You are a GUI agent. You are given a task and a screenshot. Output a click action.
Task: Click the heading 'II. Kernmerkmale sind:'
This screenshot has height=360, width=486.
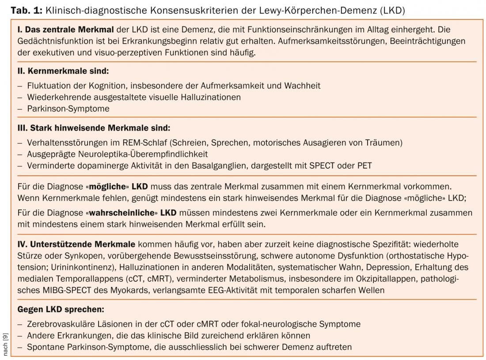63,71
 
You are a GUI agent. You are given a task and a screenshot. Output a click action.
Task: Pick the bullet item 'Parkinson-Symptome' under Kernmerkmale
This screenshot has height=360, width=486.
68,108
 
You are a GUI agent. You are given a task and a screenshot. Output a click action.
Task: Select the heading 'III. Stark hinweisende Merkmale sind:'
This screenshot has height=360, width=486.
93,128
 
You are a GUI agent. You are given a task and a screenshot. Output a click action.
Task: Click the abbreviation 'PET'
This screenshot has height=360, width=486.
364,166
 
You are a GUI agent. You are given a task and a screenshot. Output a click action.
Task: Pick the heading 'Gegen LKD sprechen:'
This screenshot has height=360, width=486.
61,309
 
